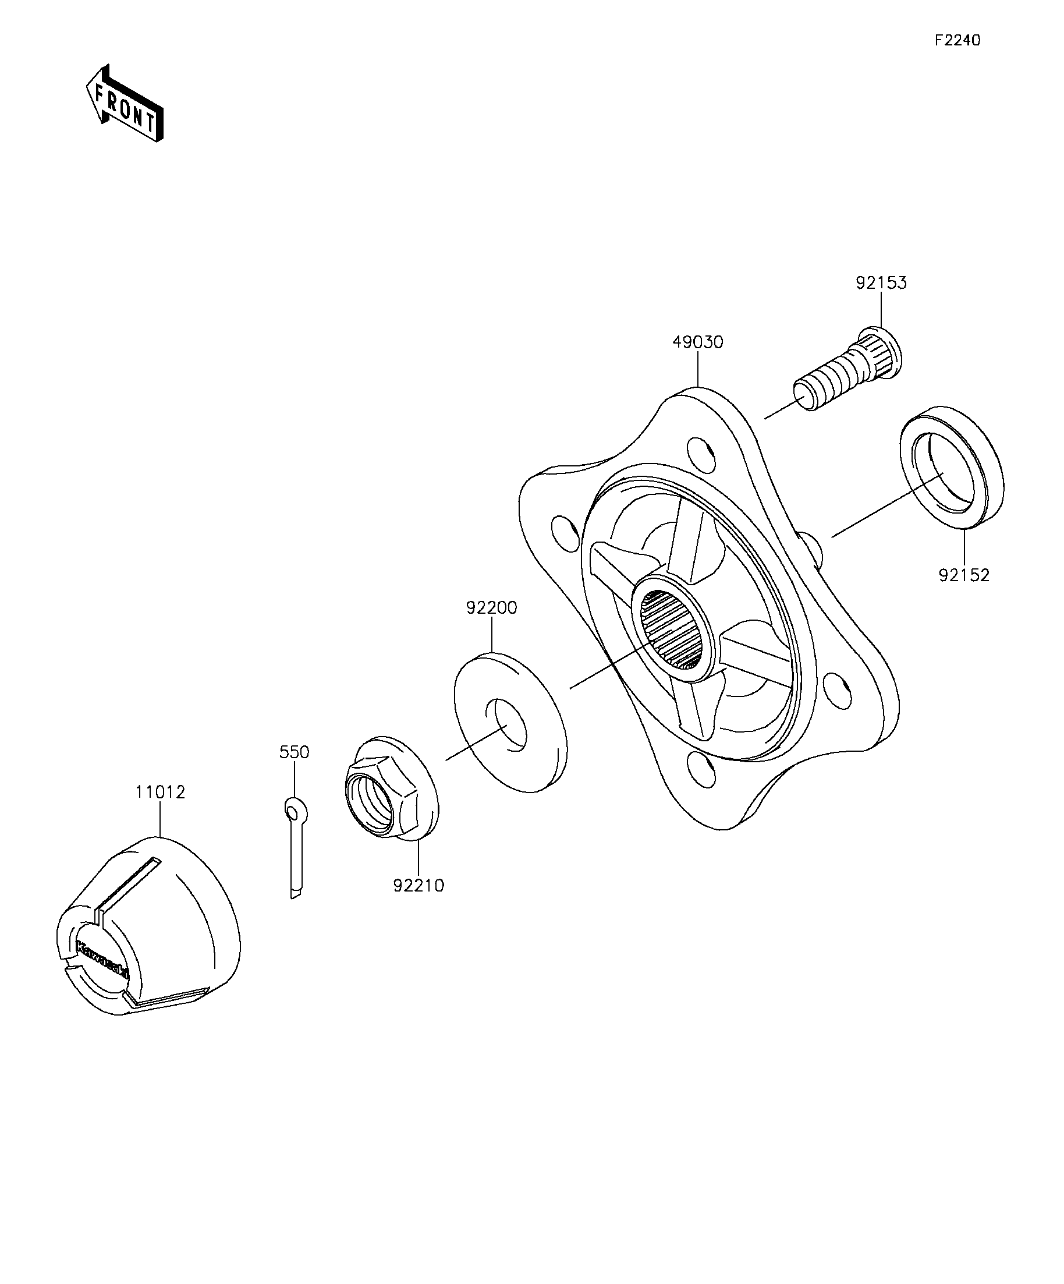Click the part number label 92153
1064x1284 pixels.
(x=881, y=283)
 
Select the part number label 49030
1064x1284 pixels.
(x=697, y=342)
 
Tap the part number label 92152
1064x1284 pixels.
(x=964, y=575)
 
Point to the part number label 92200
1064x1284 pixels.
(x=491, y=609)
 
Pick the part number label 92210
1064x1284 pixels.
(x=418, y=885)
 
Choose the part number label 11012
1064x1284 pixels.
(x=160, y=792)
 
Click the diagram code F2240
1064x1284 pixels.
(x=957, y=40)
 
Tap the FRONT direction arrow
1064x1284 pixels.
(x=125, y=104)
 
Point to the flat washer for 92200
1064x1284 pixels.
(x=510, y=723)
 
